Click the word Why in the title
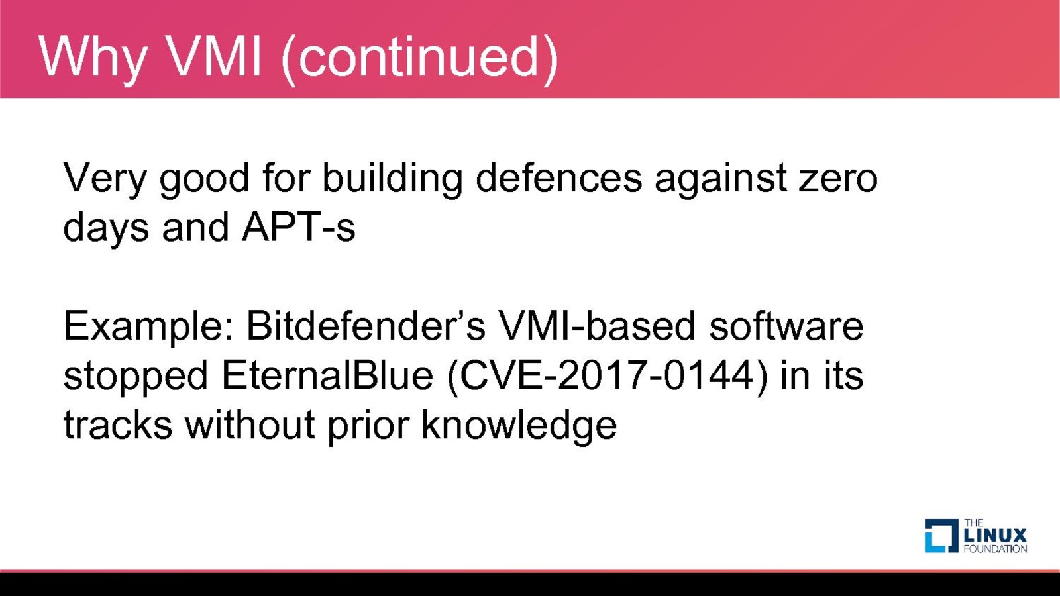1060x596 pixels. [x=93, y=58]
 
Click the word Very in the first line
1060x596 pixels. [x=105, y=179]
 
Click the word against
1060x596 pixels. [x=721, y=179]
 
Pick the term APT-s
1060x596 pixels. [x=299, y=226]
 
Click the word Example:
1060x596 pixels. [x=148, y=327]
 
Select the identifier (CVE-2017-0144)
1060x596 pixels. [x=607, y=377]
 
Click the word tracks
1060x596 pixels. [x=118, y=424]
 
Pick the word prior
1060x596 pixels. [x=368, y=426]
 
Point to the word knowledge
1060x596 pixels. [x=519, y=426]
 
